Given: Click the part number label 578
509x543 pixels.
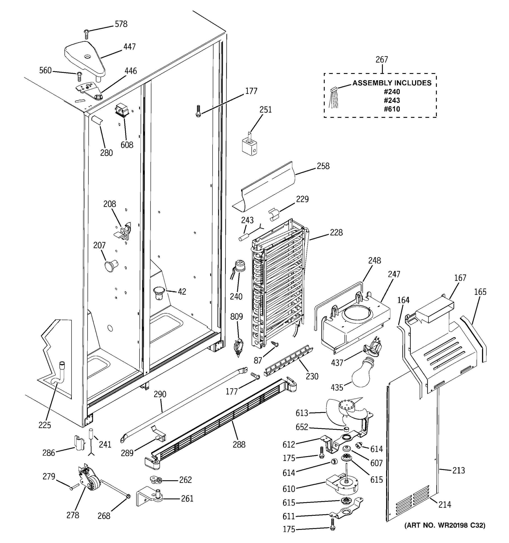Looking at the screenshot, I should (121, 24).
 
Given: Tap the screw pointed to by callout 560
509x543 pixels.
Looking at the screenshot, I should (79, 76).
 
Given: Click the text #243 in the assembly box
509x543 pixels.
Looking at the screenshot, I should (392, 100).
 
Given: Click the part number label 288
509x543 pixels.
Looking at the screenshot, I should (239, 444).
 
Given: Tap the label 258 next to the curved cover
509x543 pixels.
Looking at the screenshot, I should (323, 166).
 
